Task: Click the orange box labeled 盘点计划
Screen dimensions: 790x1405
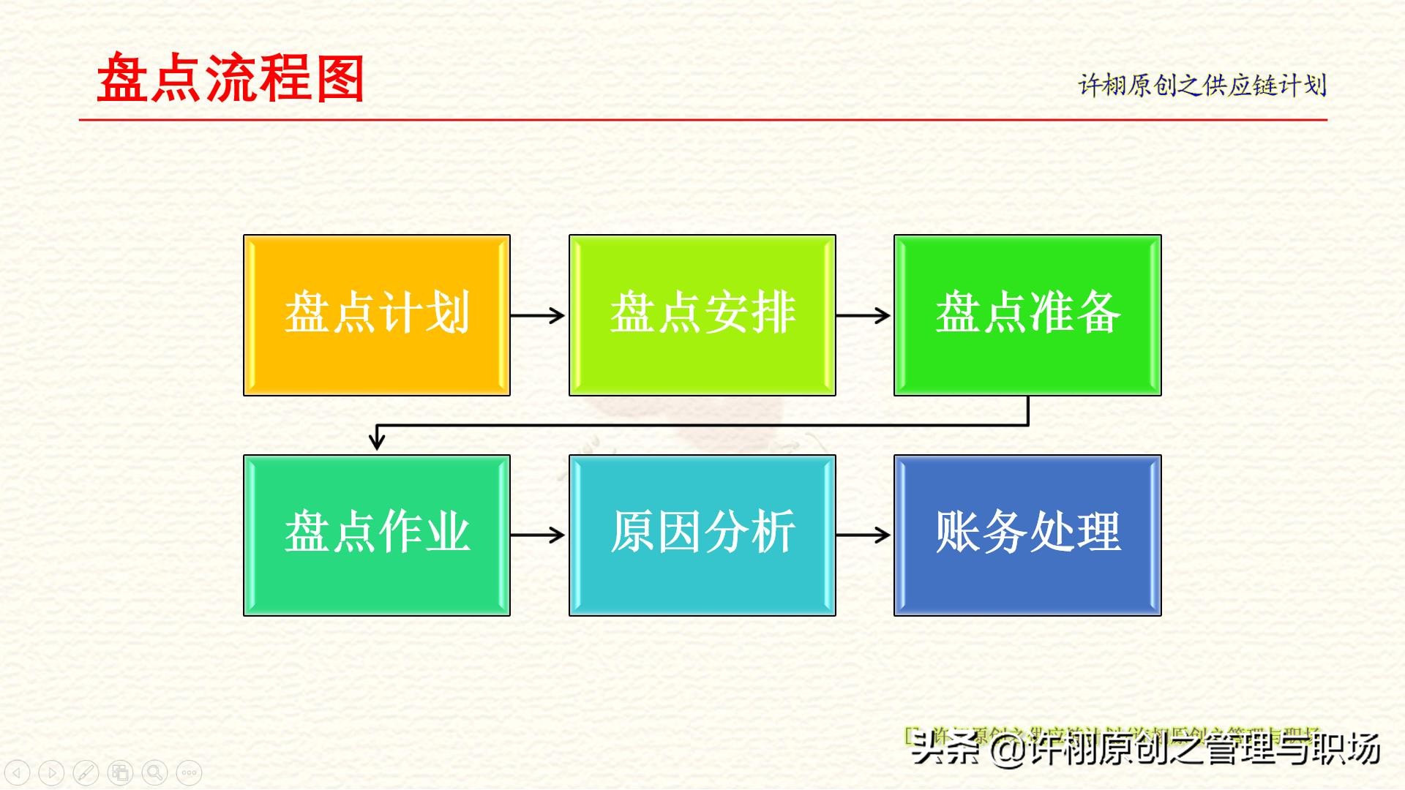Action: click(x=376, y=315)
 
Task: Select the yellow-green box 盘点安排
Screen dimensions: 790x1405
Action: click(x=702, y=315)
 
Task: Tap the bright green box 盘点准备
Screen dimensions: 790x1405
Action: click(x=1027, y=315)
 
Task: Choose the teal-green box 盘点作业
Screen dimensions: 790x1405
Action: click(x=376, y=535)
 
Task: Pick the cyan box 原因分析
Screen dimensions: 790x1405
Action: click(x=702, y=535)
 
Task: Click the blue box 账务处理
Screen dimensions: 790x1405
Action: click(x=1027, y=535)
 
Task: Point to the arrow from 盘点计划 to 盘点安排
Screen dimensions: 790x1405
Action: click(x=538, y=315)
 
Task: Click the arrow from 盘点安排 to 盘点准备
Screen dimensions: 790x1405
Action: click(x=863, y=315)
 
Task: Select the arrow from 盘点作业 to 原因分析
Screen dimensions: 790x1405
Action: click(x=538, y=535)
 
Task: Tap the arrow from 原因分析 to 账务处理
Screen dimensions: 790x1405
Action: click(x=863, y=535)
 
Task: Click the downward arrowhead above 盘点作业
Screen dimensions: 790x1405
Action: click(x=377, y=440)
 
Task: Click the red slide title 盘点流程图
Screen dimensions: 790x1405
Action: click(x=231, y=79)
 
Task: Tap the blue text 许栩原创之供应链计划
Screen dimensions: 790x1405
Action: click(x=1202, y=86)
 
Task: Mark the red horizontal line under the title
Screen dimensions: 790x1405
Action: click(x=702, y=119)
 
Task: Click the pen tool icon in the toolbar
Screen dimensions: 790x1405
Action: click(x=86, y=772)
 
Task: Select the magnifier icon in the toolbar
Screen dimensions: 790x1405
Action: click(x=154, y=772)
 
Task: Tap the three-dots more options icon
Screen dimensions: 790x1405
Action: click(x=189, y=772)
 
